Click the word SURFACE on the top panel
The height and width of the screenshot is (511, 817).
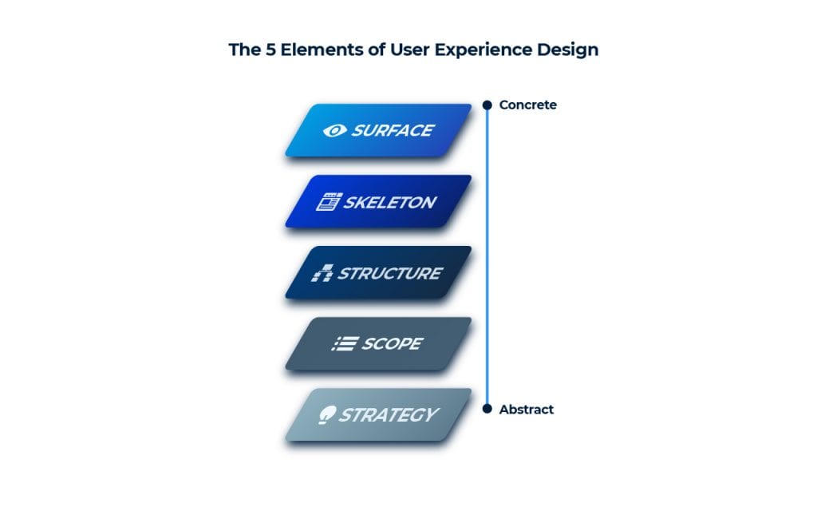point(393,130)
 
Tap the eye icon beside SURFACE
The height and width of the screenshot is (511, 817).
point(334,130)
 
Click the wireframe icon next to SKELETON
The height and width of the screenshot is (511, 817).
point(328,202)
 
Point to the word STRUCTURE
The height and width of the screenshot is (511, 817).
point(389,273)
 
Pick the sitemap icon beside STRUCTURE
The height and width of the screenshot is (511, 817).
point(322,273)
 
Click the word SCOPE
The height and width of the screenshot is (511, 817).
point(392,344)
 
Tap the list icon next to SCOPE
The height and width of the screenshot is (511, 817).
point(345,344)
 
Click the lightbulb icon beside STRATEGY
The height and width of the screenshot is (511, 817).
point(326,415)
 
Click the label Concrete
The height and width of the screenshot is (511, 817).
point(527,105)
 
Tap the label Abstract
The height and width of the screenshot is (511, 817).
point(526,410)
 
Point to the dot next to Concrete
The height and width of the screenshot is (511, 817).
point(487,105)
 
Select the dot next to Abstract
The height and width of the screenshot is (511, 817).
point(487,409)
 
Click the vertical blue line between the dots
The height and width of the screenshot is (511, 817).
point(487,255)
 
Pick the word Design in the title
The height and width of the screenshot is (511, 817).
point(567,50)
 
